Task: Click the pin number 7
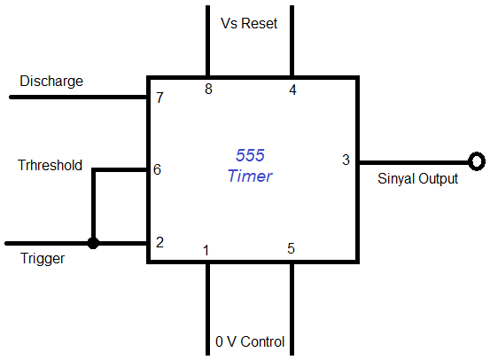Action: [159, 98]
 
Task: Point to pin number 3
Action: [346, 160]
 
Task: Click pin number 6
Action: [157, 168]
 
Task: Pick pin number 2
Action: [159, 242]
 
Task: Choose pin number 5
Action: [291, 248]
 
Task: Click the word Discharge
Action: [51, 82]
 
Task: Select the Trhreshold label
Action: [51, 165]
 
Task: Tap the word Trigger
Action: [43, 260]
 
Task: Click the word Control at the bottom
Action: [261, 341]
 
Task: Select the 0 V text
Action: [225, 341]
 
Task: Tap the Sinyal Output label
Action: [411, 179]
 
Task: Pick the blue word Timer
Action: [250, 176]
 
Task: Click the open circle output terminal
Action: [477, 161]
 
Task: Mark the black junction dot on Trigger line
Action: [93, 242]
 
